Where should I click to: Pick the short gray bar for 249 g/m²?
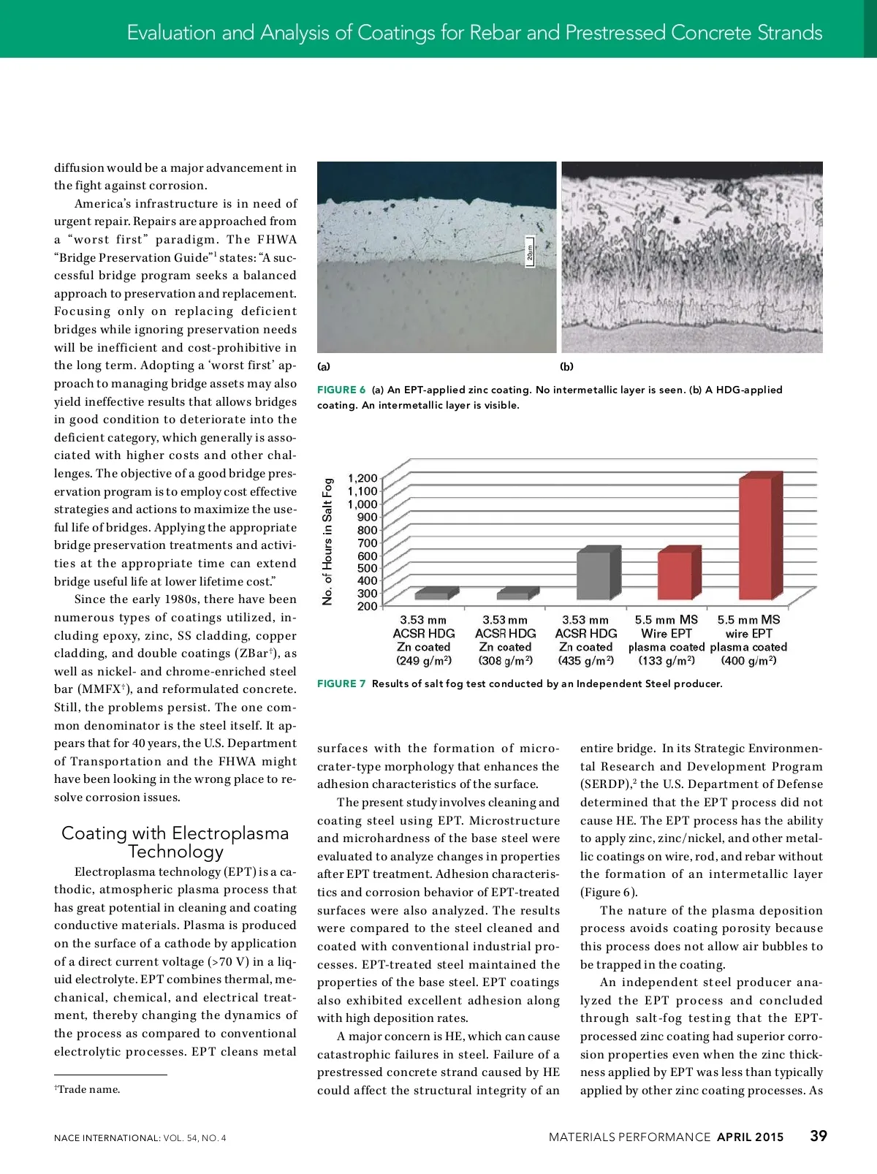coord(431,595)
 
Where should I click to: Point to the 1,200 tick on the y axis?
coord(362,478)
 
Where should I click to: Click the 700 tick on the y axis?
coord(367,542)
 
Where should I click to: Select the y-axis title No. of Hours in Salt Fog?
coord(327,541)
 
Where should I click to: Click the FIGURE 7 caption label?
coord(341,683)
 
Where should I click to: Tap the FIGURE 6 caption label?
coord(341,390)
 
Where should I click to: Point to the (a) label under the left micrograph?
coord(324,366)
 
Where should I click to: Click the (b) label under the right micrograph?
coord(567,366)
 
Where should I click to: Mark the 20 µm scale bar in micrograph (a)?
coord(530,253)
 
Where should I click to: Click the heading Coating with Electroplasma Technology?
coord(175,842)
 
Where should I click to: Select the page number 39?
coord(819,1136)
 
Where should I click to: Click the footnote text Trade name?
coord(88,1089)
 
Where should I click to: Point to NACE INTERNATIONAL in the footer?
coord(107,1137)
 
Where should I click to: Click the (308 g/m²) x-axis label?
coord(506,661)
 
